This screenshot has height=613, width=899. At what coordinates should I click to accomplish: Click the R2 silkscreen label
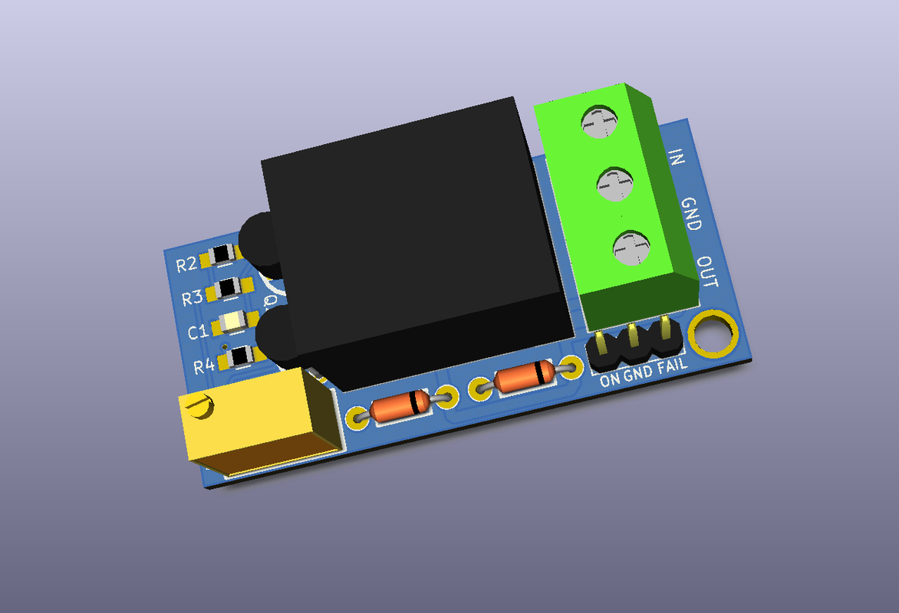coord(186,265)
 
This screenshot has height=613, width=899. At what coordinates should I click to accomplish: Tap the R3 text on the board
coord(192,298)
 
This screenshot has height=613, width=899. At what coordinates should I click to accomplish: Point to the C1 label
coord(197,333)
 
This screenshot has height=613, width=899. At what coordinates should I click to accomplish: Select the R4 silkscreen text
coord(203,366)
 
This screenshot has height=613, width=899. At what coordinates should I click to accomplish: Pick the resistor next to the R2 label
coord(223,254)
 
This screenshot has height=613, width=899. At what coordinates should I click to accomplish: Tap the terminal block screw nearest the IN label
coord(599,121)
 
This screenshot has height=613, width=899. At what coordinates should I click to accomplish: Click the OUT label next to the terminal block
coord(708,273)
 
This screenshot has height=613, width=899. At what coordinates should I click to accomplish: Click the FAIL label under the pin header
coord(672,368)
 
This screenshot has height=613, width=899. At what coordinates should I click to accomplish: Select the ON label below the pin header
coord(609,379)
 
